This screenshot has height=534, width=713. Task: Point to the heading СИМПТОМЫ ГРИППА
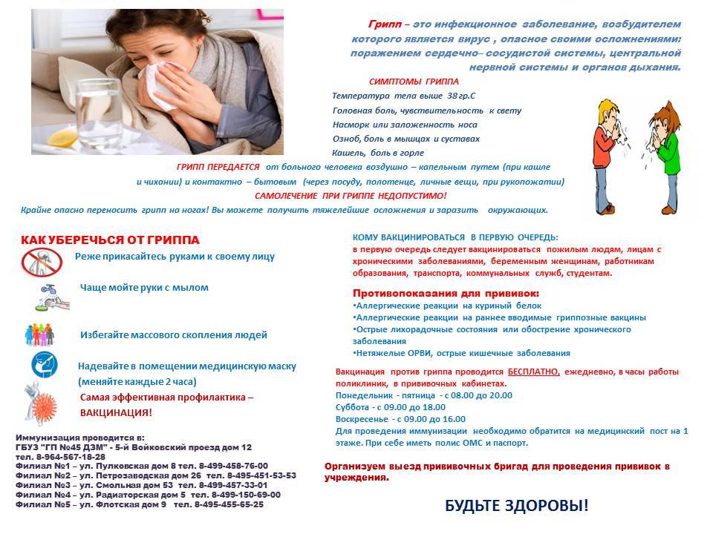pos(414,82)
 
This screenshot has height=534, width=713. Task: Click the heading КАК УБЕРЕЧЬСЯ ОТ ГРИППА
pos(110,240)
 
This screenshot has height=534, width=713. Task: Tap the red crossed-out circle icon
pos(41,263)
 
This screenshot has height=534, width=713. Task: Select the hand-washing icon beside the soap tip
pos(48,296)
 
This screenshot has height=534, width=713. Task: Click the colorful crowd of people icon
pos(42,334)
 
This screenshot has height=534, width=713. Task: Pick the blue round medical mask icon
pos(44,366)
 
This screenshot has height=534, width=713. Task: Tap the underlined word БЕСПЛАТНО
pos(534,372)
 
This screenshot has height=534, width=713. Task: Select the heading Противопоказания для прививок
pos(446,293)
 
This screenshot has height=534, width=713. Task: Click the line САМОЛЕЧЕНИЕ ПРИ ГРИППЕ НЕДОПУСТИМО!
pos(351,196)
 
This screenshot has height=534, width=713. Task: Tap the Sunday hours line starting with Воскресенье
pos(401,419)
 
